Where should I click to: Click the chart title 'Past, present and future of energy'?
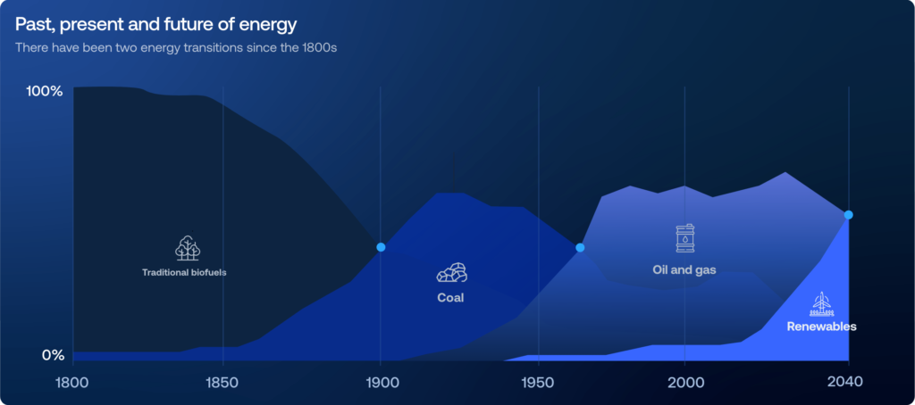(155, 25)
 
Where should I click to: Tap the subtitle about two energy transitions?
(176, 48)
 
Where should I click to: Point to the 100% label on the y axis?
(44, 92)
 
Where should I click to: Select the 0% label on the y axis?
(53, 355)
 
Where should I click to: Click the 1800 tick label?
(73, 383)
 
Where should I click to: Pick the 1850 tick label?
(222, 383)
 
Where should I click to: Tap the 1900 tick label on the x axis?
(381, 383)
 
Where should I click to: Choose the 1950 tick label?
(538, 383)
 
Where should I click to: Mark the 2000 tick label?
(684, 383)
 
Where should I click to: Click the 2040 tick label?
(845, 383)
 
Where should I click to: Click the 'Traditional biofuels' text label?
(184, 272)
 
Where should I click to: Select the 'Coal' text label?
(450, 298)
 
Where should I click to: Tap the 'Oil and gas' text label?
(684, 269)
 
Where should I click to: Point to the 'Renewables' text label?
(822, 326)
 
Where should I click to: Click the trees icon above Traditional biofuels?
(188, 248)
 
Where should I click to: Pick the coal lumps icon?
(451, 272)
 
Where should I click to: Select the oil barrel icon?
(685, 238)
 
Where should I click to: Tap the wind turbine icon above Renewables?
(822, 303)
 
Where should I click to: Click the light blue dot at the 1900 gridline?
(381, 247)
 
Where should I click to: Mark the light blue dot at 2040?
(849, 215)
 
